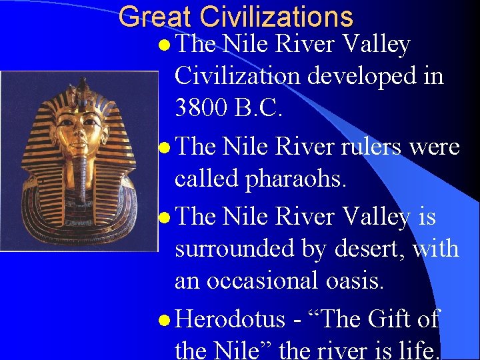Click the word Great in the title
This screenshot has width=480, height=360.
click(155, 17)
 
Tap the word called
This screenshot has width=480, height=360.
click(205, 179)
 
